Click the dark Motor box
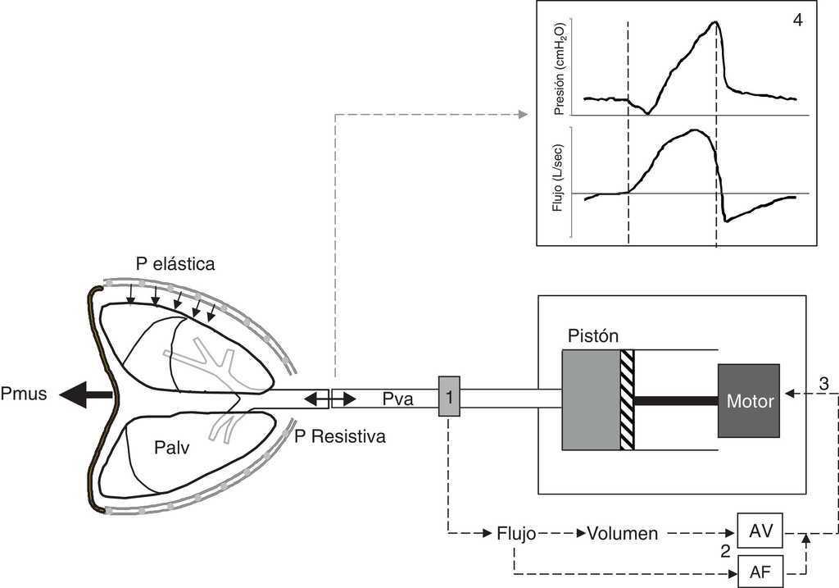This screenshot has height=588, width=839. point(748,401)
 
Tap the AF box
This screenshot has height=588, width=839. point(760,572)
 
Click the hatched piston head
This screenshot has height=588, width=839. point(628,399)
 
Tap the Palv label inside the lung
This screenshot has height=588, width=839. point(172,447)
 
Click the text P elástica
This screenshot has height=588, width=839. point(175,264)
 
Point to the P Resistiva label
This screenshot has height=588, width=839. point(340,437)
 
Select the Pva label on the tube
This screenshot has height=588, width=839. point(397,399)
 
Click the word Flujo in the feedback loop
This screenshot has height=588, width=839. point(516,534)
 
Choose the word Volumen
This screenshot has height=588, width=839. point(623,534)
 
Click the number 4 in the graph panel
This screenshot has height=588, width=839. point(796,19)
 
